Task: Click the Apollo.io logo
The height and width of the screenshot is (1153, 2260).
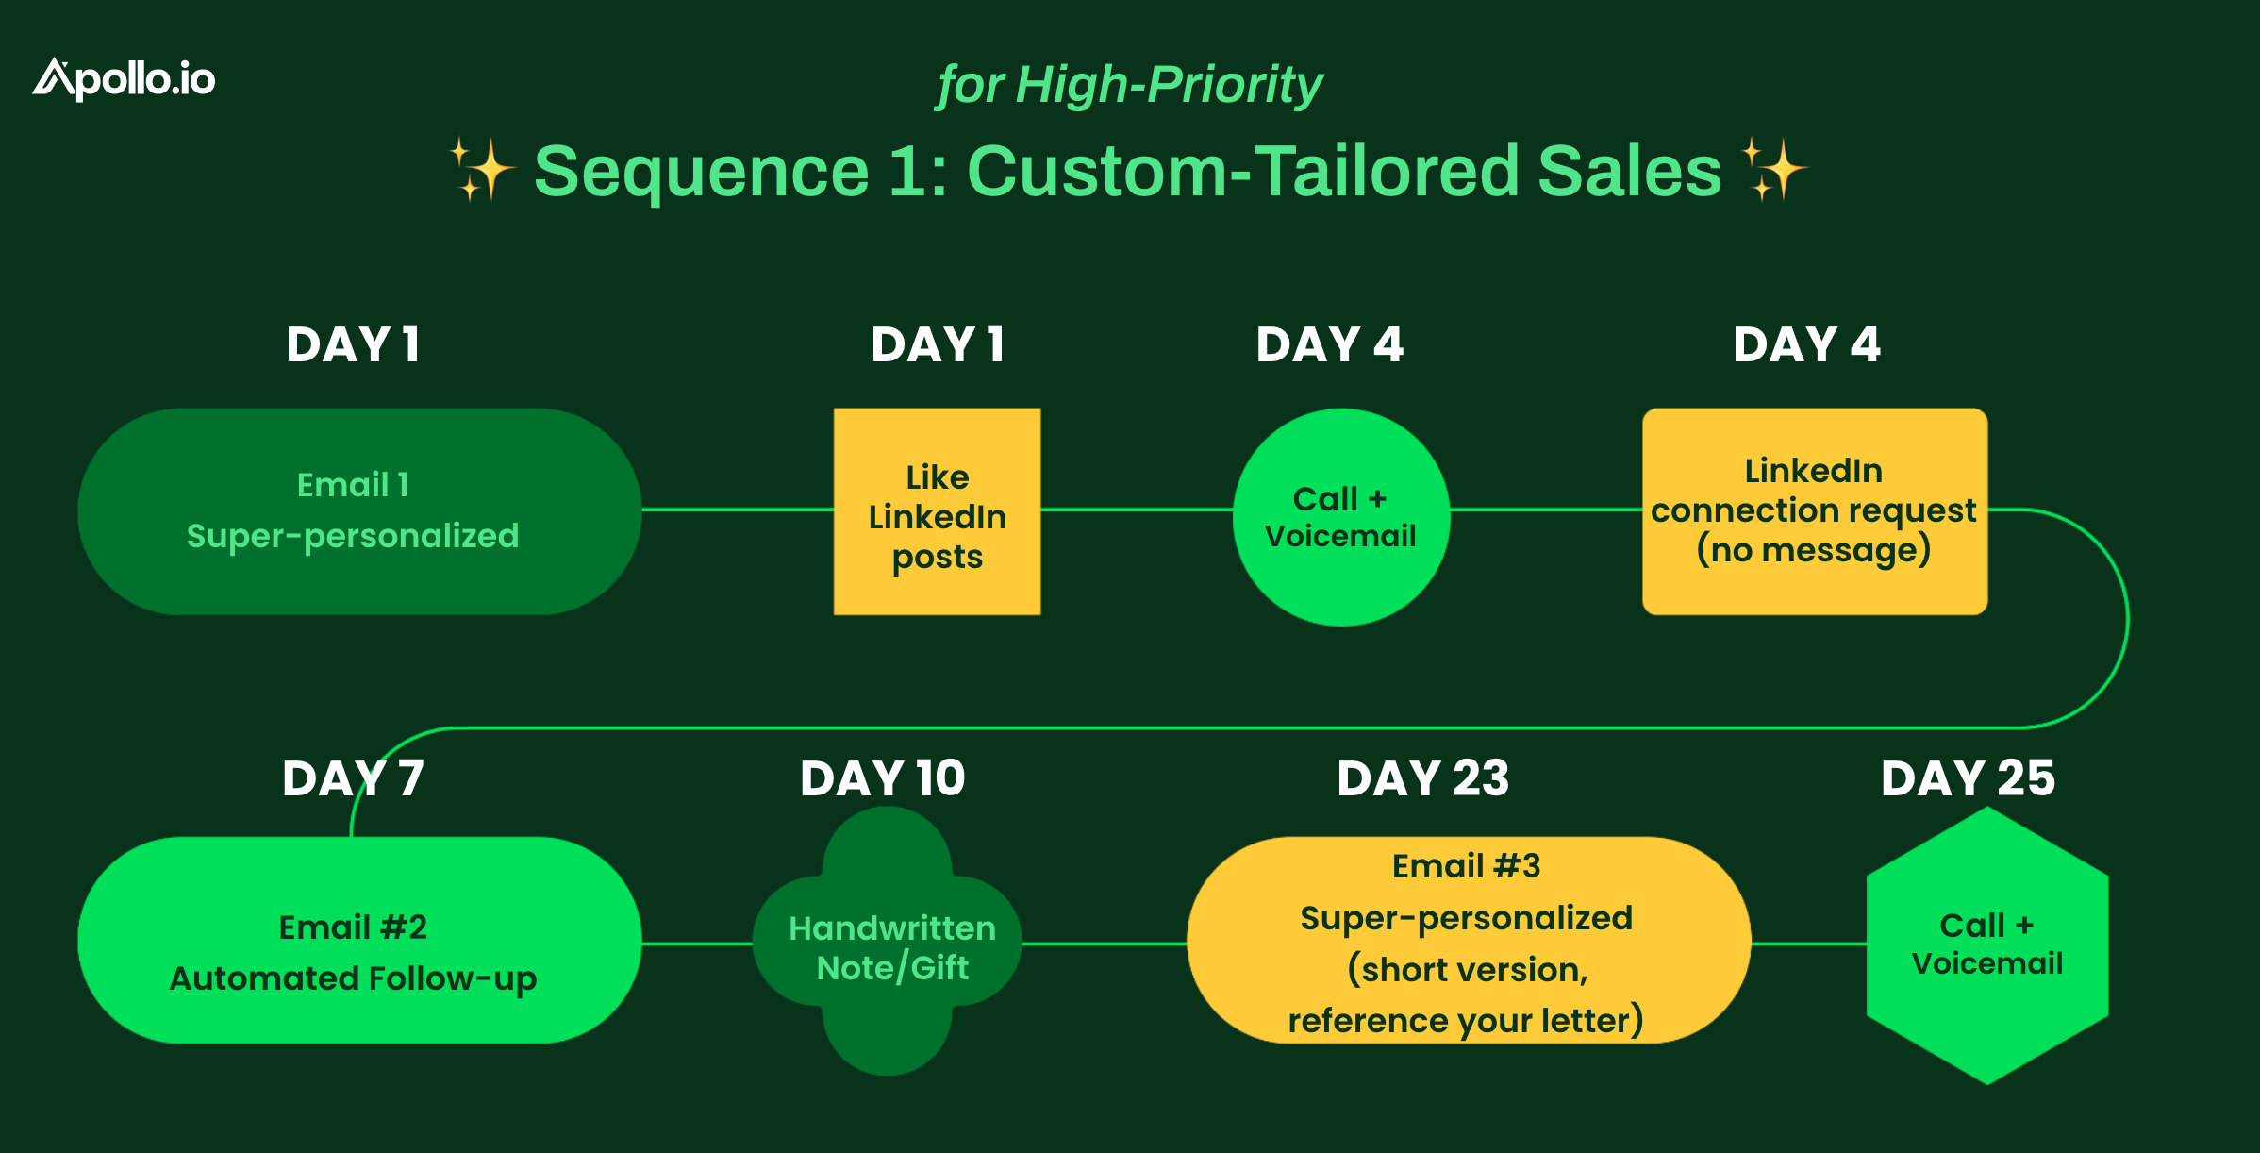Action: [124, 79]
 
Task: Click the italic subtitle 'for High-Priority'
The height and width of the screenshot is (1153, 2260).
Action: [1129, 85]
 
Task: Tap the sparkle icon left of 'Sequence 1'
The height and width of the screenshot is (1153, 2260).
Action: [481, 170]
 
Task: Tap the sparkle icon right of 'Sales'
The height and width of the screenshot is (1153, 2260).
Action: [1773, 170]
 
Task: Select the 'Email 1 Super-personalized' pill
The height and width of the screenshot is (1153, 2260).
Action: [358, 511]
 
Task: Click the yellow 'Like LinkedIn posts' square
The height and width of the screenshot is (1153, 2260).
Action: [937, 511]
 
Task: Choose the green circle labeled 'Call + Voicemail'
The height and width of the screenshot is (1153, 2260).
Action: [1340, 517]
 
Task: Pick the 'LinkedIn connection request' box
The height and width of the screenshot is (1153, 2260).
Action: [1814, 511]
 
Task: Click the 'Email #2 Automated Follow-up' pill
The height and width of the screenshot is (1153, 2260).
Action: [358, 941]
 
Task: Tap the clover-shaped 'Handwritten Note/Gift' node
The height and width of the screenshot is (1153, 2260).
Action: [888, 942]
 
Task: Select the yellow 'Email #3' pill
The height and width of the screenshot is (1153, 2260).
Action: [1468, 941]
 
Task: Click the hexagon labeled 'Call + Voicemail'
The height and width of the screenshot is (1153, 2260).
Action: [1987, 944]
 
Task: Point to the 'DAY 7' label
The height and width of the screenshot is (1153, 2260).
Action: [353, 778]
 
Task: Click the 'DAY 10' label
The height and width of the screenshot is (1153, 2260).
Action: [882, 778]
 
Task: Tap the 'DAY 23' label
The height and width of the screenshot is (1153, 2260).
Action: [1422, 778]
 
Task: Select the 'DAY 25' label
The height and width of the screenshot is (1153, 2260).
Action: [1968, 778]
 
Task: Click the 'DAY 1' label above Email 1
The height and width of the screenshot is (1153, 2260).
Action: [353, 344]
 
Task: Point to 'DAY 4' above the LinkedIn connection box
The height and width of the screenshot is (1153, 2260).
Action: [1806, 344]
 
